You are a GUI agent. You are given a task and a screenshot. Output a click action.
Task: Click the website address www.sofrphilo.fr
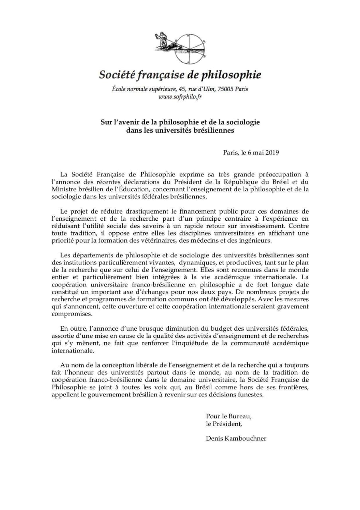point(180,97)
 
